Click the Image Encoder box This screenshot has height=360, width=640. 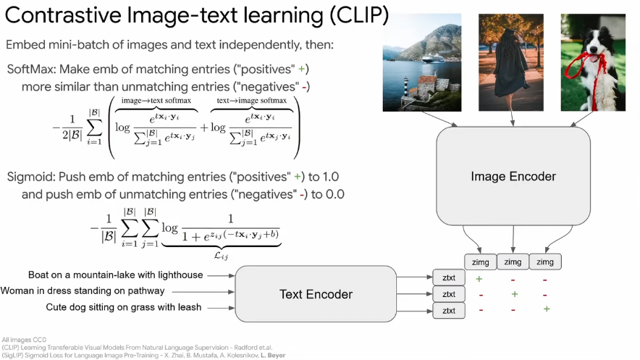pos(513,176)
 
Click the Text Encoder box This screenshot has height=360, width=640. pos(316,294)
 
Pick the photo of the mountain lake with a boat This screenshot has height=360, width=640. pos(422,62)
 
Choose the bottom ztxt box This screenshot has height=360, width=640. pos(448,311)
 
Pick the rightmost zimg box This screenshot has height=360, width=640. pos(546,262)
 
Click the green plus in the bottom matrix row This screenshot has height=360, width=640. pos(547,309)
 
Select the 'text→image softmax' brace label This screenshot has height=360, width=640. pos(252,100)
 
